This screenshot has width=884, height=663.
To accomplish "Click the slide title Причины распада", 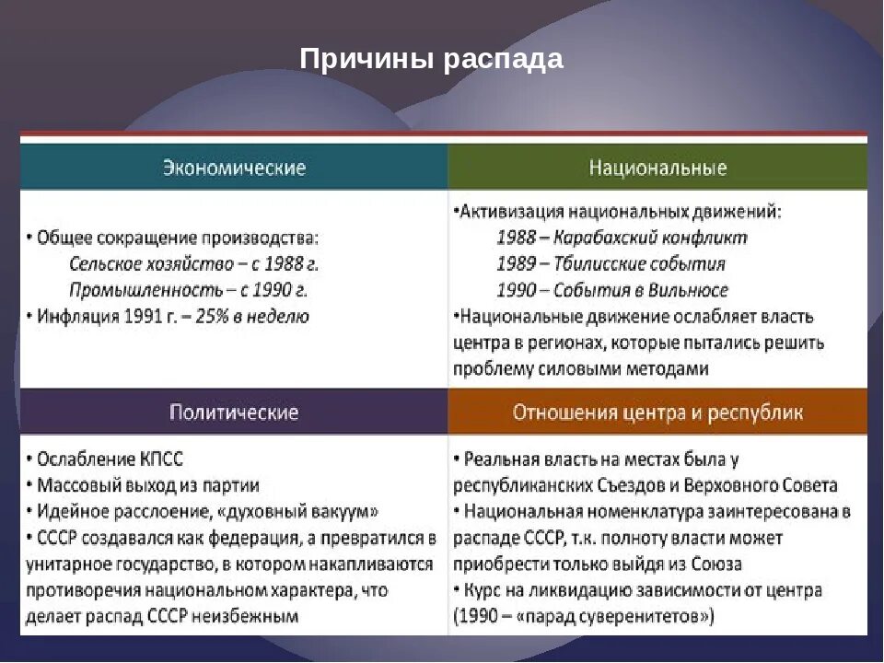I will tap(431, 60).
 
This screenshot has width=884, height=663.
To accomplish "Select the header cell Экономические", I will tap(234, 169).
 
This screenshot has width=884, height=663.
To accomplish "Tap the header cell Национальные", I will tap(657, 169).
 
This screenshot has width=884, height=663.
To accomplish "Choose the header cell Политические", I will tap(234, 412).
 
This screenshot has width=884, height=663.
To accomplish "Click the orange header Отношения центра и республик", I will tap(657, 412).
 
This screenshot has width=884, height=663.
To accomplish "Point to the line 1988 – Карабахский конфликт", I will tap(622, 238).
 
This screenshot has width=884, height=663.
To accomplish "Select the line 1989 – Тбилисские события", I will tap(611, 264).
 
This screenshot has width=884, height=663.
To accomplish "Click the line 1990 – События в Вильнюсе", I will tap(611, 291).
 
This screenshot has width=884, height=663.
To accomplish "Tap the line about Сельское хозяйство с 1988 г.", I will tap(194, 264).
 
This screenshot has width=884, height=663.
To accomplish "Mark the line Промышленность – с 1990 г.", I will tap(188, 291).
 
